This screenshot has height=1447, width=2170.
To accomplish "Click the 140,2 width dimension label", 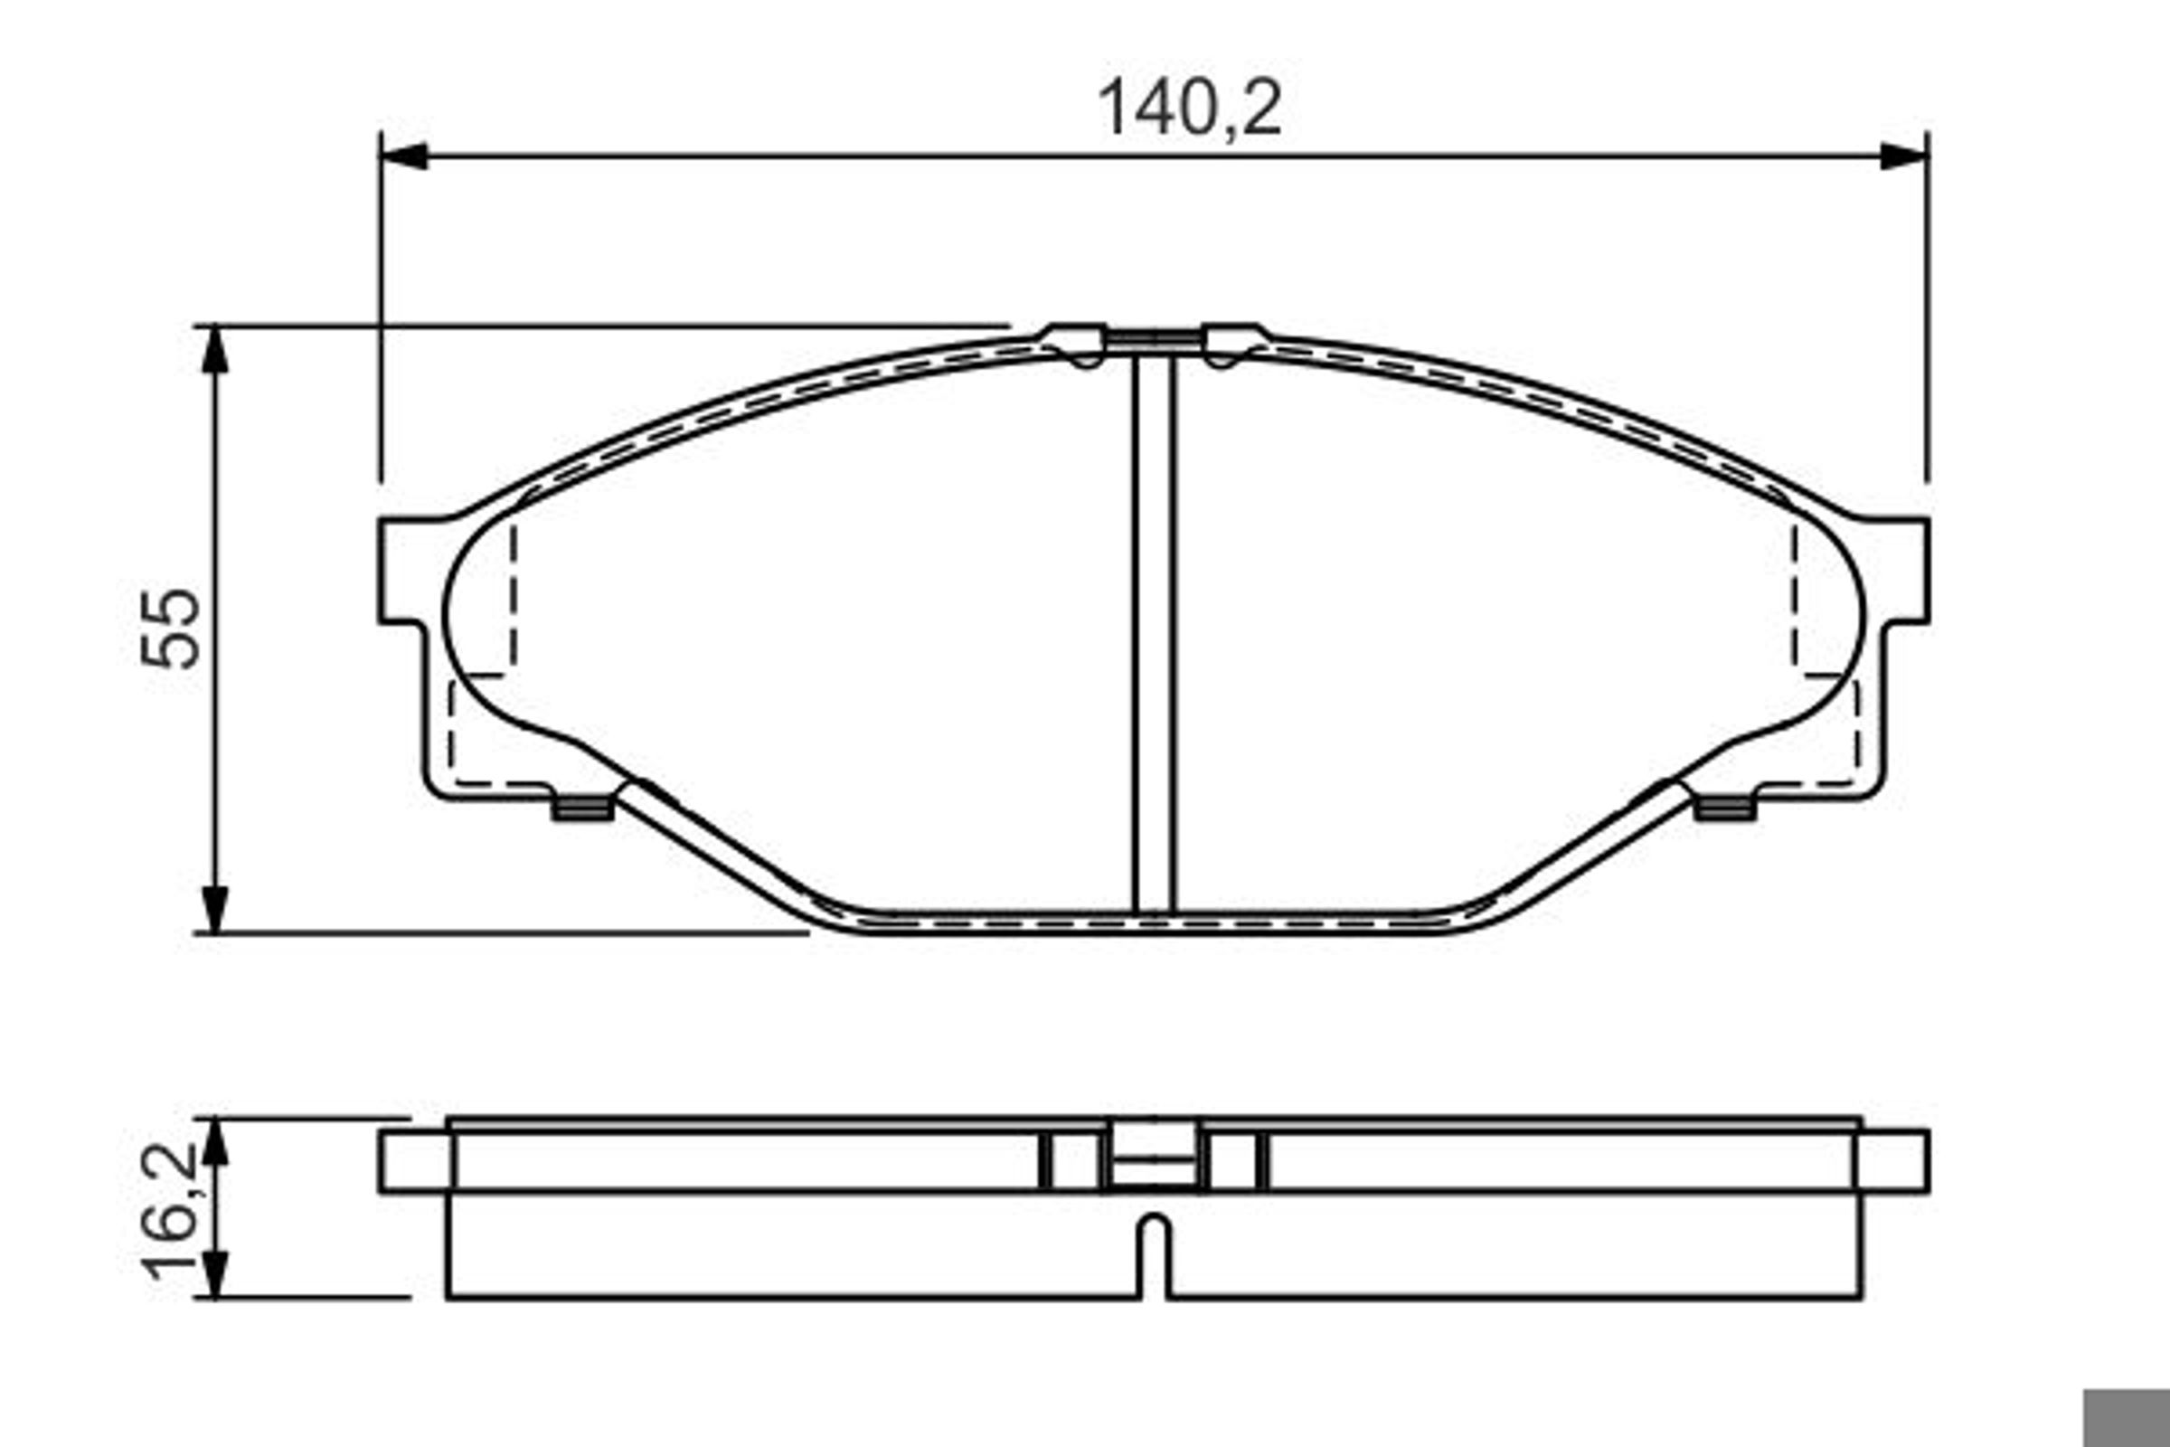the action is point(1189,109).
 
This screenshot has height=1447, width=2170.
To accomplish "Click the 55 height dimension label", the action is point(171,628).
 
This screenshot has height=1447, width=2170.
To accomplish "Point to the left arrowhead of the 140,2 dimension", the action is point(404,156).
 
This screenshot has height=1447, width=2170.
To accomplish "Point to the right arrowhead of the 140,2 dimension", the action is point(1904,156).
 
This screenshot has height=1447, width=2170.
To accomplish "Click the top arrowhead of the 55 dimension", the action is point(215,349).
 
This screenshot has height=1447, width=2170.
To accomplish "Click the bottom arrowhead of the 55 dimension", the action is point(215,909).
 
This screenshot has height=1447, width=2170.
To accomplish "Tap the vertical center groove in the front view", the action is point(1155,636).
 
